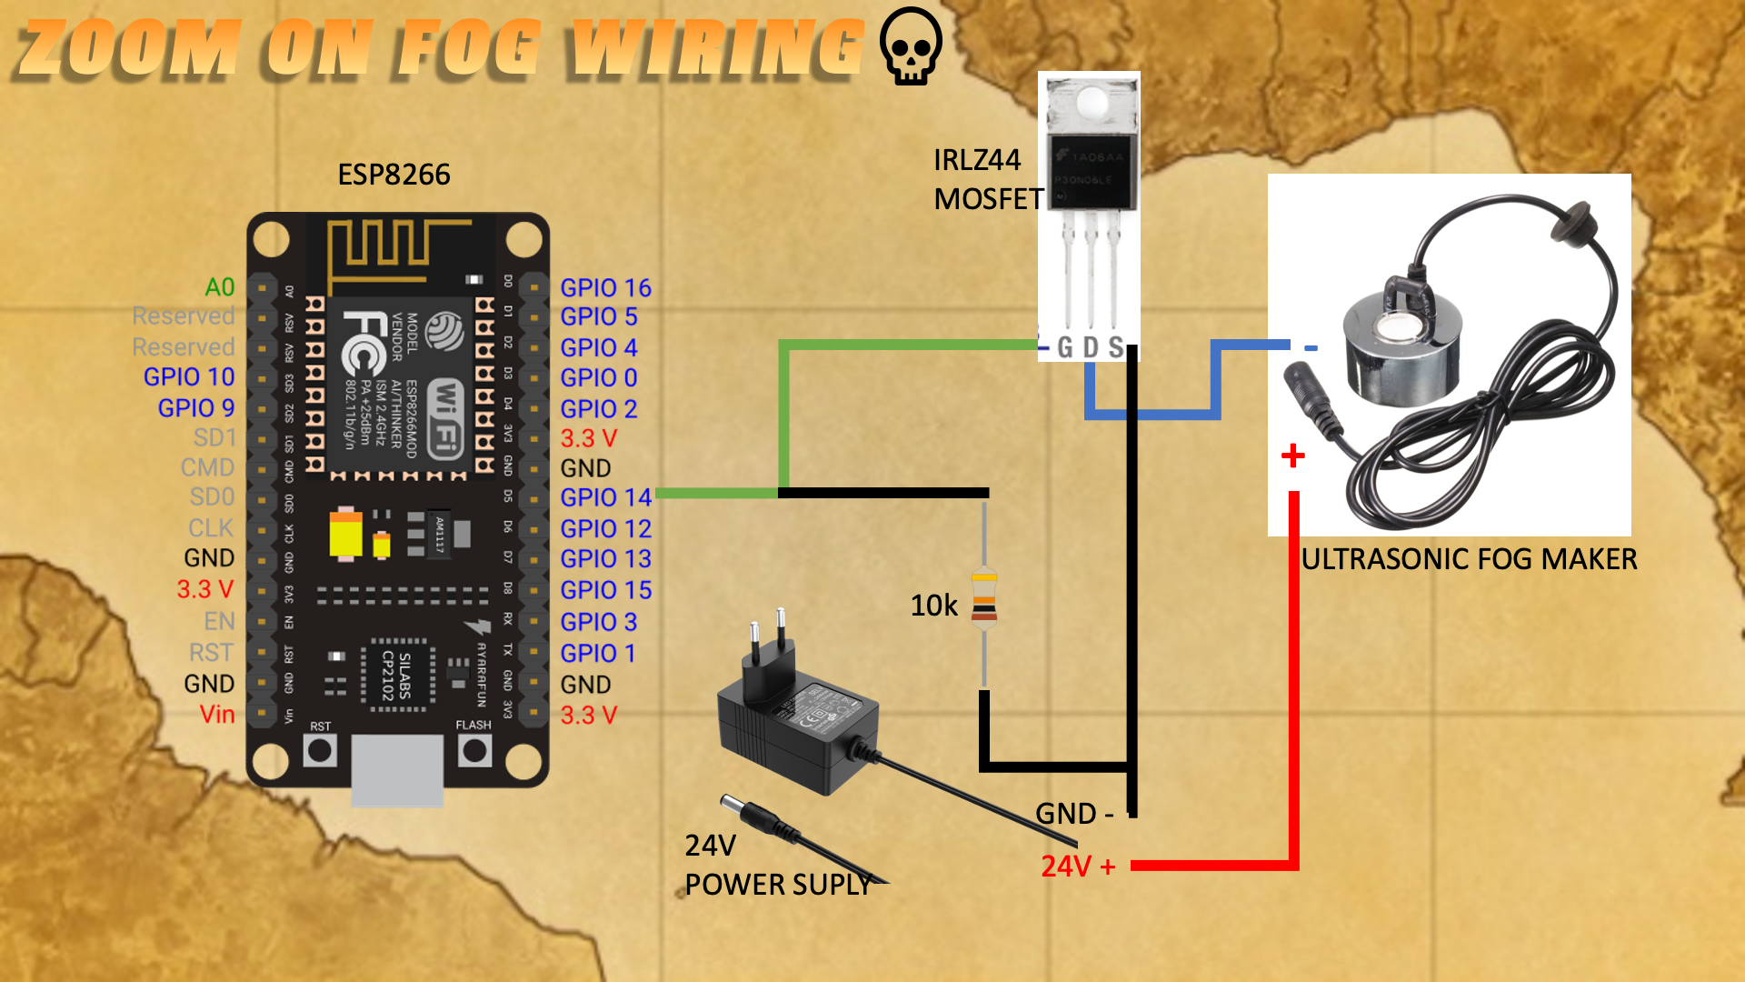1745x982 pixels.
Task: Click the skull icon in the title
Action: coord(911,46)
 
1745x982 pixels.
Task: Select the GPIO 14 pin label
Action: coord(605,497)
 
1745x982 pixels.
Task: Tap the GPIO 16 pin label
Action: coord(605,287)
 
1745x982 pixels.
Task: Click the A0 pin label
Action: coord(220,287)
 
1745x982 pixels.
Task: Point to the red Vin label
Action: coord(217,715)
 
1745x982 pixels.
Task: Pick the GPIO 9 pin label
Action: coord(196,408)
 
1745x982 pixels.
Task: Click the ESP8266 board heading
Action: coord(394,174)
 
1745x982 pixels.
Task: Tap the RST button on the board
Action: coord(320,750)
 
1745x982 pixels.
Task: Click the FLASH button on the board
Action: coord(474,750)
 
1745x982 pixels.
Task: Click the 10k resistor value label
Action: coord(933,606)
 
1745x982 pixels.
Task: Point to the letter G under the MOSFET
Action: coord(1065,347)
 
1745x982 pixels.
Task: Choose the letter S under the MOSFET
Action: coord(1115,347)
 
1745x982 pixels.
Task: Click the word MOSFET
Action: coord(989,199)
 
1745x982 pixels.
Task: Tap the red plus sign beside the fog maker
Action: coord(1292,455)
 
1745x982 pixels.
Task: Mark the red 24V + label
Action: coord(1078,867)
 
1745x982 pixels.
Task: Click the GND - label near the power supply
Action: coord(1074,814)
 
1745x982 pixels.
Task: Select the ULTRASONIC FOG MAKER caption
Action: coord(1469,559)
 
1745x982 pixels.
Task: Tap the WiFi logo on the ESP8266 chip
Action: coord(445,418)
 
